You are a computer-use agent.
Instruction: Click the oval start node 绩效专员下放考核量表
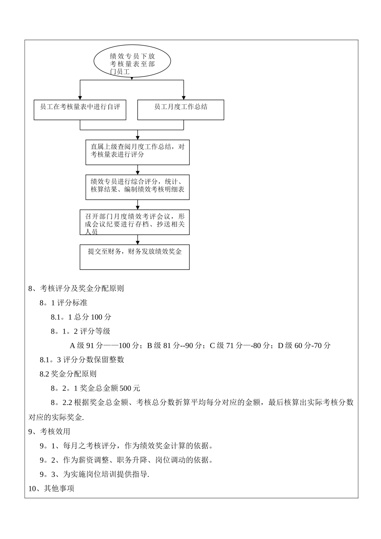click(132, 62)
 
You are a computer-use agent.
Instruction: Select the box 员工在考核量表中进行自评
click(80, 109)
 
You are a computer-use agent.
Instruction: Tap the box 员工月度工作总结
click(180, 109)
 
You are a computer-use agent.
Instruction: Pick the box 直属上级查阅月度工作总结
click(137, 152)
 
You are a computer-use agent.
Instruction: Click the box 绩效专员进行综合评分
click(137, 186)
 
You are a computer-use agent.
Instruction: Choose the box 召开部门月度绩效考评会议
click(134, 222)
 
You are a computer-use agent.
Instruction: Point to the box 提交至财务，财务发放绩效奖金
click(134, 257)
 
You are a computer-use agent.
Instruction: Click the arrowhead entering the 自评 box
click(80, 97)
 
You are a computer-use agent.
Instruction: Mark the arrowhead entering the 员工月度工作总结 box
click(184, 97)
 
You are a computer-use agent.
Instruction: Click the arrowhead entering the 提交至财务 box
click(138, 242)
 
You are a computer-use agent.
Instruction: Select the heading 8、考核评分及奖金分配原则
click(76, 288)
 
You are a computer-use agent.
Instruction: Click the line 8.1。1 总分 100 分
click(81, 317)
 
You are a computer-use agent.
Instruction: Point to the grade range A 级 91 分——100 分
click(104, 346)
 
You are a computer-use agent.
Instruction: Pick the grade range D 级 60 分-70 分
click(304, 346)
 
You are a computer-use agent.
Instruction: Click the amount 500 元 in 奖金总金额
click(130, 388)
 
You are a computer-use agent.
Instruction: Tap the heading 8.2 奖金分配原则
click(68, 374)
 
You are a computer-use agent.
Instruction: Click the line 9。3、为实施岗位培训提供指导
click(95, 474)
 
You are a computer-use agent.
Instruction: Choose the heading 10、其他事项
click(51, 489)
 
